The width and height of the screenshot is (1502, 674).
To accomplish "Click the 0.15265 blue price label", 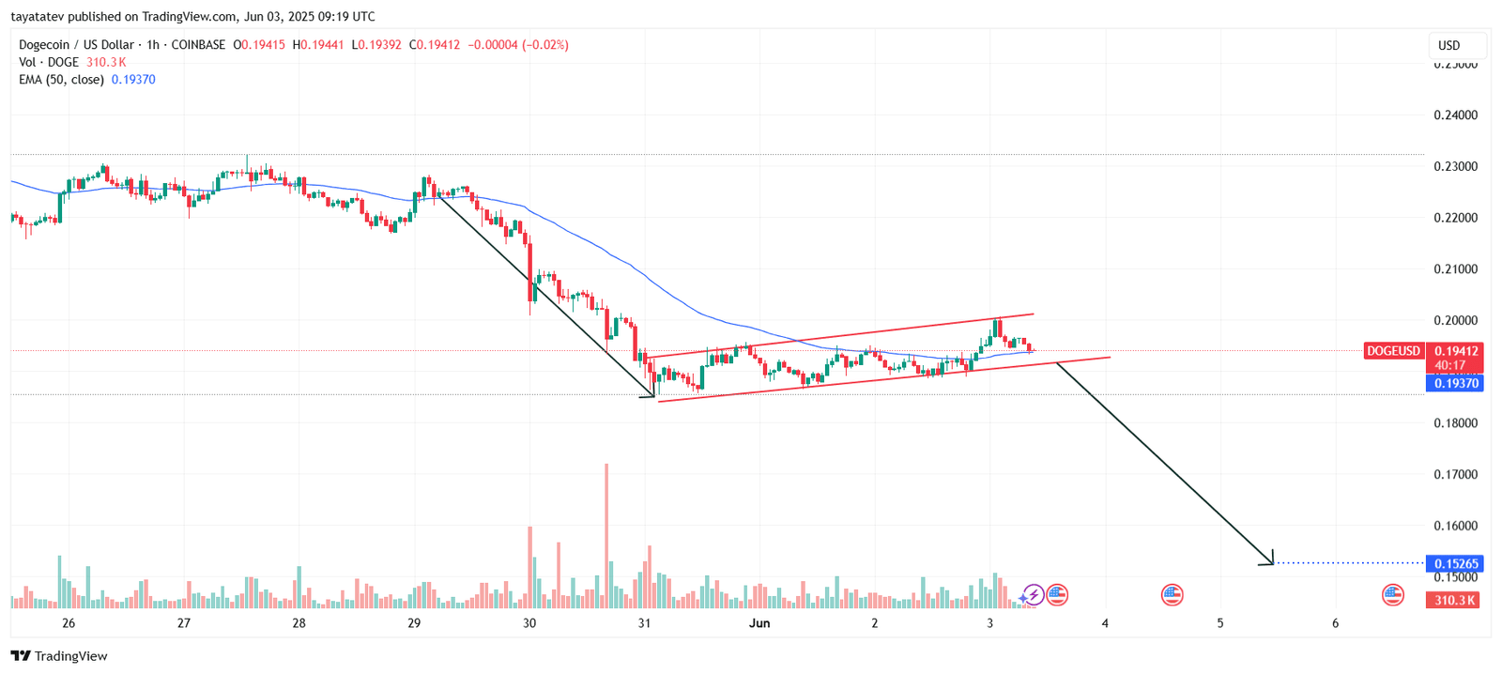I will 1454,564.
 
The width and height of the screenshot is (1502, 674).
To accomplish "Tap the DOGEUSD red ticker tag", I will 1393,351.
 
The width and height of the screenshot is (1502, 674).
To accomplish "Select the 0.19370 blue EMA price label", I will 1454,383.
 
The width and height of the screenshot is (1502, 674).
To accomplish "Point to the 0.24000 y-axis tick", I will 1455,115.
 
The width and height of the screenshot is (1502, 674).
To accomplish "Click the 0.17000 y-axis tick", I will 1455,474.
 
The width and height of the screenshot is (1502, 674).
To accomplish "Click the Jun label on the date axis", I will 759,623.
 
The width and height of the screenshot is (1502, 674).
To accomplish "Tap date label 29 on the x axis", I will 414,623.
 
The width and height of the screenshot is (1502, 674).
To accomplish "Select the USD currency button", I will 1449,45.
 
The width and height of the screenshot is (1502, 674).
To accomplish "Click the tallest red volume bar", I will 606,535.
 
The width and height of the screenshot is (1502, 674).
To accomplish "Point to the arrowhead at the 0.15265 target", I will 1269,560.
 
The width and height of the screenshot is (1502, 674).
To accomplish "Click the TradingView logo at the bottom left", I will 59,656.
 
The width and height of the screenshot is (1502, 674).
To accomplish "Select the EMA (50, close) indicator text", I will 61,80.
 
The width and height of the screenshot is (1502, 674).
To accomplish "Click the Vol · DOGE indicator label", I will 49,62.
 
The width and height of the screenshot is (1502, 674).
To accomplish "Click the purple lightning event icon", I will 1033,594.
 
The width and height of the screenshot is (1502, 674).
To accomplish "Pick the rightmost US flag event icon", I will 1393,594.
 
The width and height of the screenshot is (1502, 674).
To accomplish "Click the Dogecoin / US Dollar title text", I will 76,45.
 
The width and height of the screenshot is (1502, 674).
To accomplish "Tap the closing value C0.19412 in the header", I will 435,45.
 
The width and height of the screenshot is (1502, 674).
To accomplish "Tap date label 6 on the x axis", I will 1335,623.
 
